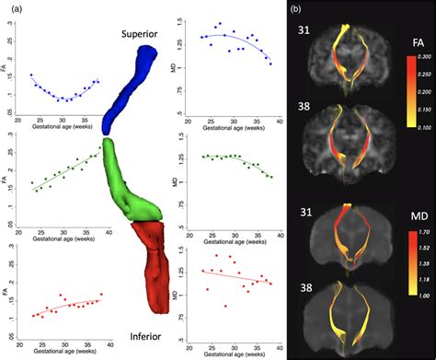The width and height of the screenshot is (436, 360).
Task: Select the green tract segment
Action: [x=129, y=184]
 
